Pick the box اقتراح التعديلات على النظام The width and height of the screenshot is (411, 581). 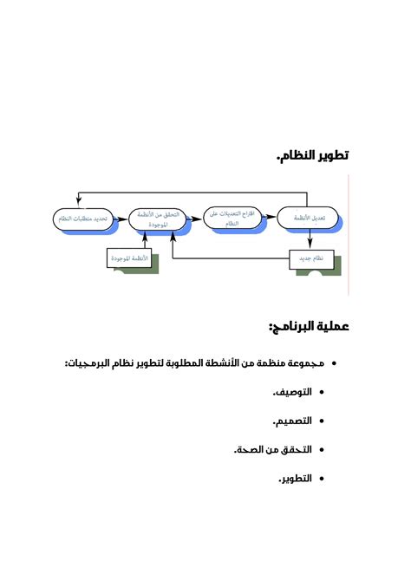point(233,218)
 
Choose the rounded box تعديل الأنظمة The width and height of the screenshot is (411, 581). point(310,218)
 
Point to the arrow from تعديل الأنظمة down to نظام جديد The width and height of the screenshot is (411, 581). point(310,240)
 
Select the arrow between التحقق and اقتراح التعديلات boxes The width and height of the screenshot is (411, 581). point(194,219)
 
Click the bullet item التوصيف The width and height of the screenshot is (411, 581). point(294,392)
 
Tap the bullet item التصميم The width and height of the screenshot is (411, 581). point(293,421)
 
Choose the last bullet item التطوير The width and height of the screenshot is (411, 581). point(297,478)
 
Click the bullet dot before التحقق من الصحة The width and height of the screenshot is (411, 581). point(321,450)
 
